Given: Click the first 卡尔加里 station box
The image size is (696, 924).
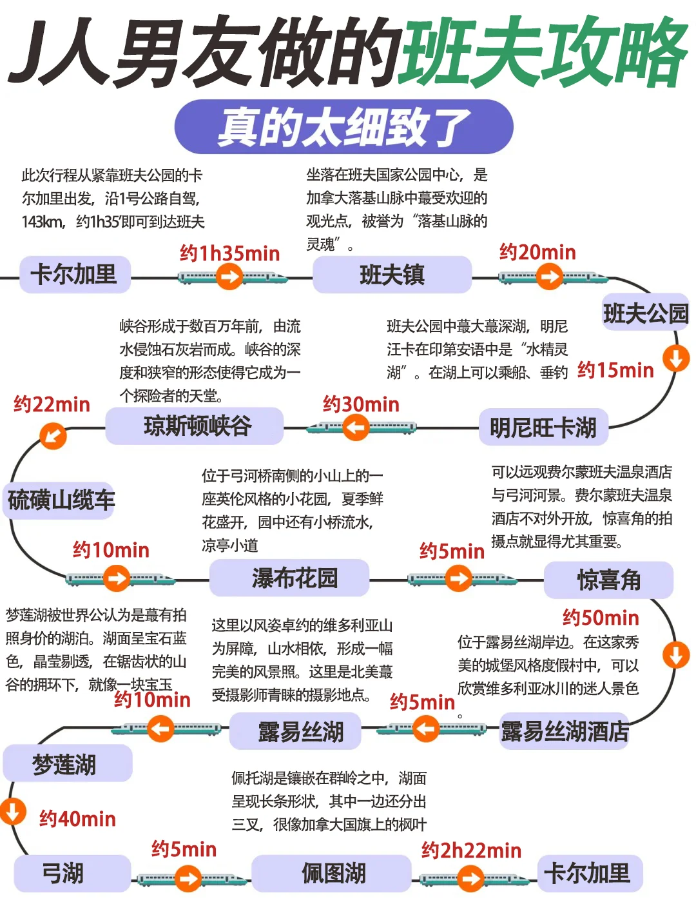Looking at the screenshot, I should pos(75,275).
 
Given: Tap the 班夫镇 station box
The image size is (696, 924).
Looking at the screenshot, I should pos(392,275).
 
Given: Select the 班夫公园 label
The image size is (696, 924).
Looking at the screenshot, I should pos(645,314).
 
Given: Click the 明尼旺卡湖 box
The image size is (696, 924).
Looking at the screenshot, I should pos(543,428).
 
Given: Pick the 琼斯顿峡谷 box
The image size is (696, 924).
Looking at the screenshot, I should pos(195,426).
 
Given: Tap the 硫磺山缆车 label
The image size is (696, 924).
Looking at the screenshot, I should pos(61,500).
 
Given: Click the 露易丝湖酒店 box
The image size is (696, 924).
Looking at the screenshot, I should pos(564,732).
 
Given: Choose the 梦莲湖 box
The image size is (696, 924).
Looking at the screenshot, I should pos(66,765).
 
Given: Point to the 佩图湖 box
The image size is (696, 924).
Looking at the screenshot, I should pos(333,874).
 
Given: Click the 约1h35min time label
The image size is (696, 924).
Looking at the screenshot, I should pos(229,253).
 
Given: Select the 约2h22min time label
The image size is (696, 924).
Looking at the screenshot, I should pos(471,850).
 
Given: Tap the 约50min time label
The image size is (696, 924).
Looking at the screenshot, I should pos(600,618).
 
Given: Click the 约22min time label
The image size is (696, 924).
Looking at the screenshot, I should pos(52,405).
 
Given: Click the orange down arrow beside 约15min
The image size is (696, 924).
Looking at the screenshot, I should pos(676,358).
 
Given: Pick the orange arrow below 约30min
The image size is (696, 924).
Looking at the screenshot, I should pos(356,428).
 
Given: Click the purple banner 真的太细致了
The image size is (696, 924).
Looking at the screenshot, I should pos(343,127).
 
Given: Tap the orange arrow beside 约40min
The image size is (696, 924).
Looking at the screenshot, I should pos(12,811).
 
